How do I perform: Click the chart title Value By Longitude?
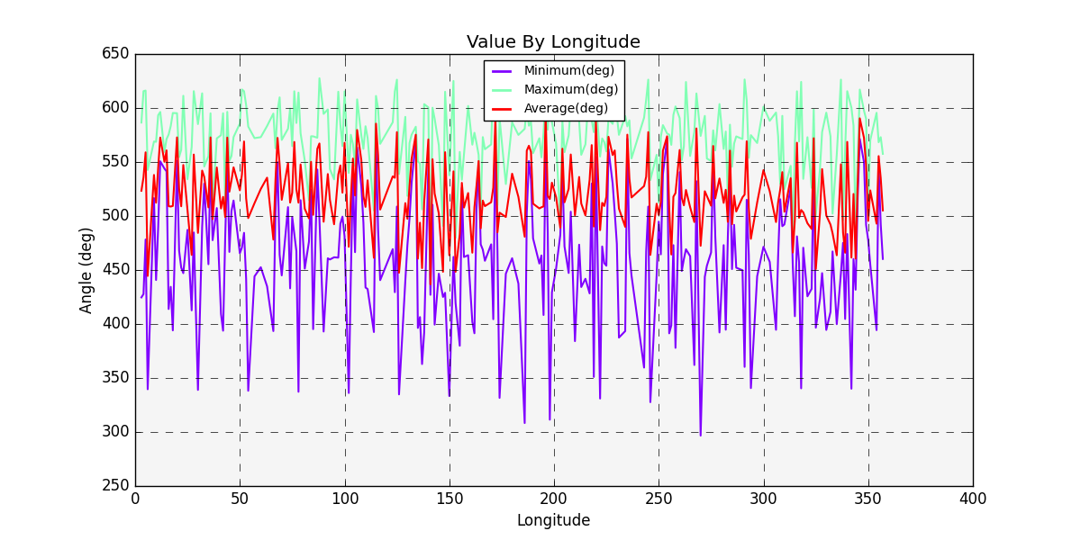pos(553,42)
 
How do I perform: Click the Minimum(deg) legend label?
pos(569,71)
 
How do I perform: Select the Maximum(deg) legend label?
pos(571,90)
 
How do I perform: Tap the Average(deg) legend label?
pos(566,109)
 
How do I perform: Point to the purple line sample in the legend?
pos(503,71)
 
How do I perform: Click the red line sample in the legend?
pos(503,109)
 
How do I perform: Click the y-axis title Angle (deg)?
pos(86,270)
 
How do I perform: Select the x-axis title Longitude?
pos(553,520)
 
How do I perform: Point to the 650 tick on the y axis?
pos(114,54)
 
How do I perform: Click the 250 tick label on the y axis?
pos(114,486)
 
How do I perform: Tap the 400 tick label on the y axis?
pos(114,324)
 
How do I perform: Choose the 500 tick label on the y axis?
pos(114,216)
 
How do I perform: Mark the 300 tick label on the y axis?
pos(114,432)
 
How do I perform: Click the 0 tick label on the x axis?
pos(135,499)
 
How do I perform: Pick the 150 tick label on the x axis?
pos(450,499)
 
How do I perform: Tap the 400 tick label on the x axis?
pos(973,499)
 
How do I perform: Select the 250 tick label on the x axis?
pos(659,499)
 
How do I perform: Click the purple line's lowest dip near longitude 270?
pos(700,435)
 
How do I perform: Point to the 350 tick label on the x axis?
pos(868,499)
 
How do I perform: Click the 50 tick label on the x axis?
pos(240,499)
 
